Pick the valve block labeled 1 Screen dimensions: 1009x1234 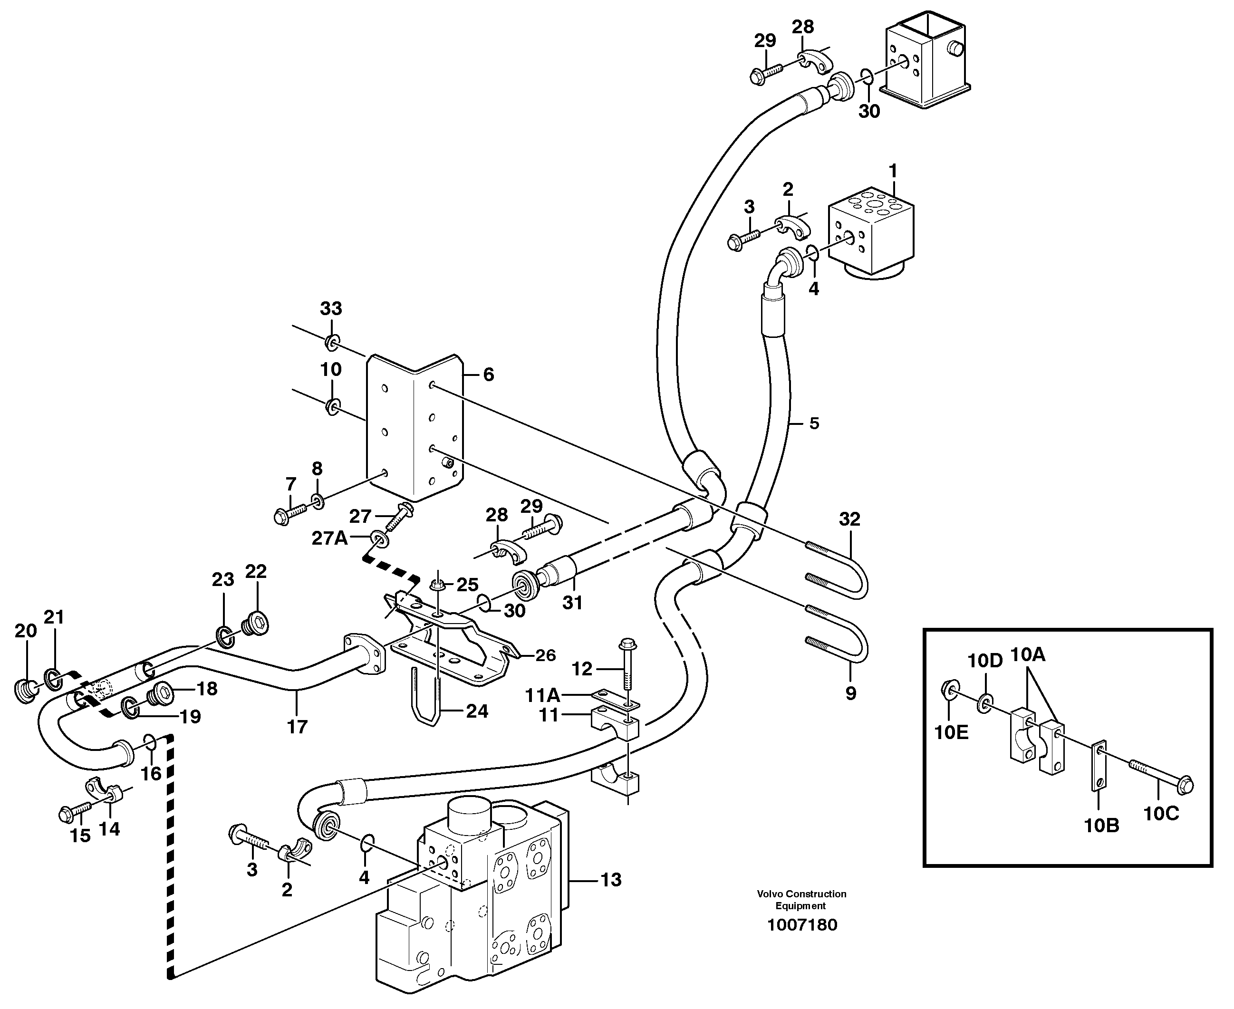(871, 232)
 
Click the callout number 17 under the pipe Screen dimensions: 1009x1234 (297, 727)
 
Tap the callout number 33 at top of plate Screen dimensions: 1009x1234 (331, 308)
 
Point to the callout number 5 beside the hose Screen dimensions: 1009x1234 (814, 423)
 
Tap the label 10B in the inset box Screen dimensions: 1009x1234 (1101, 826)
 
